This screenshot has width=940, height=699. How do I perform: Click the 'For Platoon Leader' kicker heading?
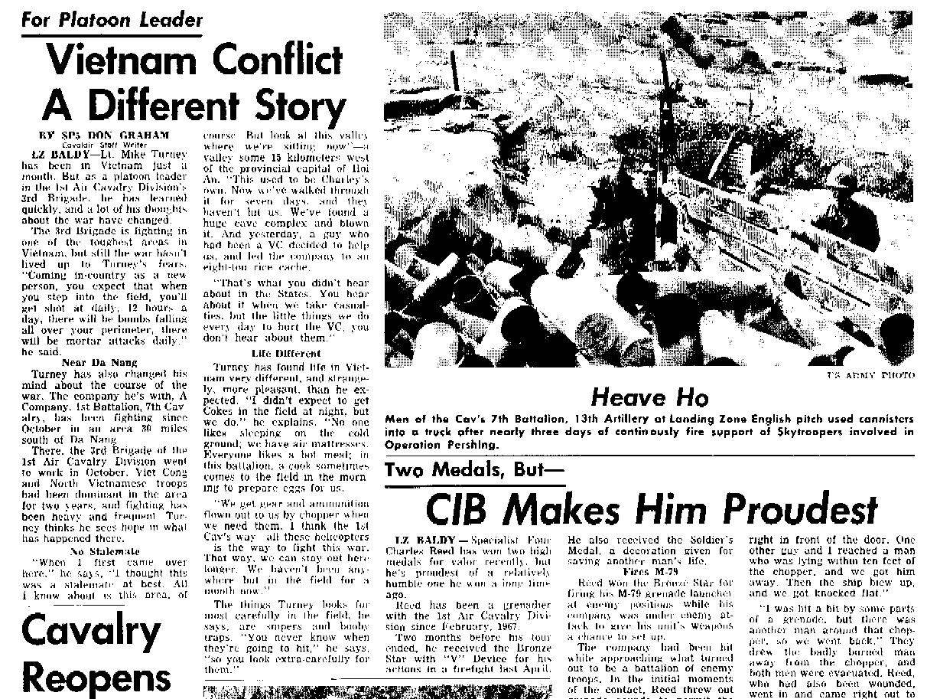click(112, 20)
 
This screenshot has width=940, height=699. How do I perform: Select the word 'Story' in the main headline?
click(285, 108)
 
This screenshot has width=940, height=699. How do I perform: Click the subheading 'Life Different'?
click(275, 353)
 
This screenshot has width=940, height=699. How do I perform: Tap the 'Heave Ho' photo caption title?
click(649, 397)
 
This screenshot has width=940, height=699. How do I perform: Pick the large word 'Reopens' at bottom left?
click(96, 678)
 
